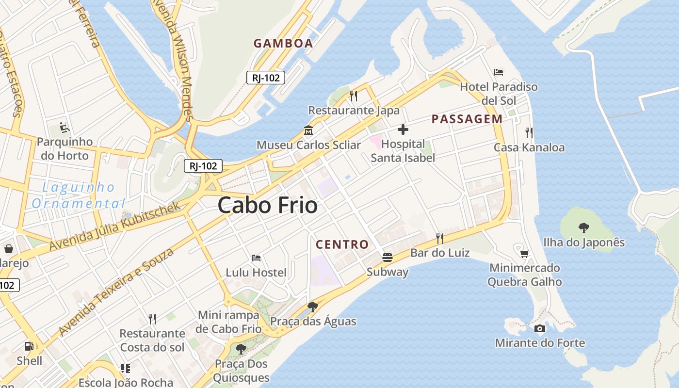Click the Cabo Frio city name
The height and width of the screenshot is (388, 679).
(x=268, y=205)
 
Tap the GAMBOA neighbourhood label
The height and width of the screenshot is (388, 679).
(x=283, y=43)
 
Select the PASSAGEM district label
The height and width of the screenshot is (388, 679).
(x=467, y=119)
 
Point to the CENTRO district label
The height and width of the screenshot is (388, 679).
(x=342, y=244)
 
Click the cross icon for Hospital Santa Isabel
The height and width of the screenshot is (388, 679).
(x=403, y=129)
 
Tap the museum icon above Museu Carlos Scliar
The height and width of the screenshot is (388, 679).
(x=308, y=130)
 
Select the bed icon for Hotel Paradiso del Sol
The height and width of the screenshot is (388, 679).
(x=499, y=72)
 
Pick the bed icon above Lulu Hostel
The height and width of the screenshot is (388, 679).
(x=256, y=258)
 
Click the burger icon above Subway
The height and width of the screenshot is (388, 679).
(x=387, y=257)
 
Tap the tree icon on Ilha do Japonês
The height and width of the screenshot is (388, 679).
(x=583, y=227)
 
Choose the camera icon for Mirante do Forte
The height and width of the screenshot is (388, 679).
(x=539, y=328)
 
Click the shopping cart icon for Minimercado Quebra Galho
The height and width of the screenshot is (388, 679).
(x=524, y=253)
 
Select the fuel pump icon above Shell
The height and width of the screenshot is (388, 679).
(x=29, y=346)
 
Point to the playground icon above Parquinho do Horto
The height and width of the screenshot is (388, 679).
(x=65, y=128)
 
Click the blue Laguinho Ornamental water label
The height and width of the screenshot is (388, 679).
(x=79, y=195)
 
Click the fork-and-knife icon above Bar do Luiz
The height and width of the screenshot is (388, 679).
(x=440, y=238)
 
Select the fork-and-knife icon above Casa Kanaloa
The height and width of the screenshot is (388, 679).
(x=529, y=132)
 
